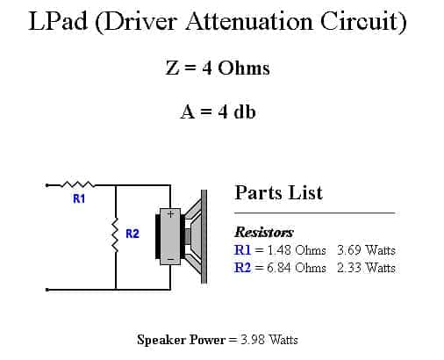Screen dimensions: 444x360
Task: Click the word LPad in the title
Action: pos(58,21)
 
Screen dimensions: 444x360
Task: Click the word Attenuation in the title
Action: pos(249,21)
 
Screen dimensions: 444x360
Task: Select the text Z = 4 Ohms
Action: pos(218,68)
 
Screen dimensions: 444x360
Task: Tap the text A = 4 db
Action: pos(218,112)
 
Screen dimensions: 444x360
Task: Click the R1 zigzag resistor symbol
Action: pos(77,184)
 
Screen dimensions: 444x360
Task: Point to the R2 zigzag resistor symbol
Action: pos(116,234)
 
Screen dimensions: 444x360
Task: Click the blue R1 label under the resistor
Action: pos(79,198)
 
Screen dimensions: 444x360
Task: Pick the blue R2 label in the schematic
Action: pos(132,234)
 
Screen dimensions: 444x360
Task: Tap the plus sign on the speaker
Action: pos(170,214)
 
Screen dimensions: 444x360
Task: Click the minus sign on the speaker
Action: pos(171,259)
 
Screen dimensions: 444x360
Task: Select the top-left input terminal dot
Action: pos(47,185)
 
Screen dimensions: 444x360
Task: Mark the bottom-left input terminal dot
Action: pos(47,290)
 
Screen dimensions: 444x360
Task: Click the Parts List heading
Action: pos(278,193)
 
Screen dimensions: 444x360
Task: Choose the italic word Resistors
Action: pos(264,232)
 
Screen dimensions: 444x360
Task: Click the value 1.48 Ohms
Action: pos(297,250)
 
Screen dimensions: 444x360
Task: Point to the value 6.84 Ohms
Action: pos(297,268)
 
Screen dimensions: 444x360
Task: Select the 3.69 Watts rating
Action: pos(366,250)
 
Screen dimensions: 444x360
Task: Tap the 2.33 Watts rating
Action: pos(366,268)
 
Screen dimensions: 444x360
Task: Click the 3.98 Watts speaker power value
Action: pos(269,340)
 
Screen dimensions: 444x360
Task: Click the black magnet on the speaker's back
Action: pos(158,236)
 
